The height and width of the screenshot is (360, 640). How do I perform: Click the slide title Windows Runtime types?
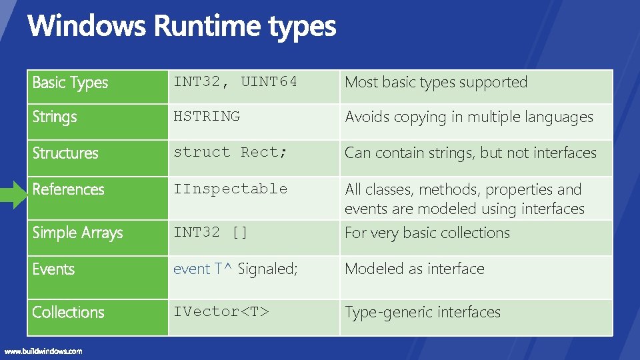point(181,27)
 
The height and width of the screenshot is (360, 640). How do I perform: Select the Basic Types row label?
point(70,83)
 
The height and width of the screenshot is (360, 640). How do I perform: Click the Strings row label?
point(55,117)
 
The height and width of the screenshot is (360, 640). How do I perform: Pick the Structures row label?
point(65,153)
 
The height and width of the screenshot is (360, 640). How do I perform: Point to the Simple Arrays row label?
point(77,233)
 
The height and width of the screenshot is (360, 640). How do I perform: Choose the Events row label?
point(53,269)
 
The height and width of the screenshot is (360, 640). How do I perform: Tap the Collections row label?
point(68,312)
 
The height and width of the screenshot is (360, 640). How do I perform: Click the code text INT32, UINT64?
point(235,82)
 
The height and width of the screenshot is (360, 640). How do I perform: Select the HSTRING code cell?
point(207,116)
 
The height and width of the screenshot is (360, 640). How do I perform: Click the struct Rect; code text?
point(231,152)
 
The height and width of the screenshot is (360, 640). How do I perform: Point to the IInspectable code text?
point(230,189)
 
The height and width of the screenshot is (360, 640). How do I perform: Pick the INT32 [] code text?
point(211,232)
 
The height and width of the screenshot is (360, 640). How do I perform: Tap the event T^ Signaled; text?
point(235,269)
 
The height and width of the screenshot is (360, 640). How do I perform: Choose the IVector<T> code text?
point(221,311)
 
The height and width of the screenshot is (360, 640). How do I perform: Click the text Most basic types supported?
point(435,83)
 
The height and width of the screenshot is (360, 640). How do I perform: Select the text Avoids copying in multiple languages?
point(468,117)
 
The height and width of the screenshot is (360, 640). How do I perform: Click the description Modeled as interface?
point(414,269)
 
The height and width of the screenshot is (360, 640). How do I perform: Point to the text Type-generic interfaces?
point(422,312)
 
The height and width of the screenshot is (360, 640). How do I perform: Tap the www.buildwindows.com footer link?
point(43,351)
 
